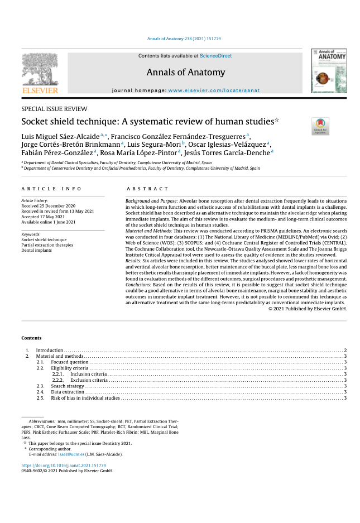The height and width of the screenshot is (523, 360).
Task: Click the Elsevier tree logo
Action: (40, 72)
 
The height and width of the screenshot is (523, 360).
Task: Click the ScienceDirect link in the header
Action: (215, 56)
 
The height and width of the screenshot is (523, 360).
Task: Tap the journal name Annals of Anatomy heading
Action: (186, 73)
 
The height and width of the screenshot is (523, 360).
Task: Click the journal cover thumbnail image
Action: (329, 71)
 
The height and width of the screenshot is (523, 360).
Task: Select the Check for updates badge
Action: (320, 126)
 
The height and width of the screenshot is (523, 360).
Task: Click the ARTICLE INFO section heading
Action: (52, 189)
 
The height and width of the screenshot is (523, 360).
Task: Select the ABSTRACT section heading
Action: (147, 189)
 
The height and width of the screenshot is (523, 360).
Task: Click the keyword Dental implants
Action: (37, 250)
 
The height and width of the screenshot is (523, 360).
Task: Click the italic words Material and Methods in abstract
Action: (148, 231)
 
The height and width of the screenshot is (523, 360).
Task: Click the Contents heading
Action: (31, 338)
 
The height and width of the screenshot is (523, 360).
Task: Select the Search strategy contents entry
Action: (68, 386)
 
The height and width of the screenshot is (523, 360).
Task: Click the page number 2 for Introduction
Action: (345, 350)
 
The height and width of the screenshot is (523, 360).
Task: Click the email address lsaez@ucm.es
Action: (71, 454)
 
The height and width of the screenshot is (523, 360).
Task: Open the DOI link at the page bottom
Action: (63, 465)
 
